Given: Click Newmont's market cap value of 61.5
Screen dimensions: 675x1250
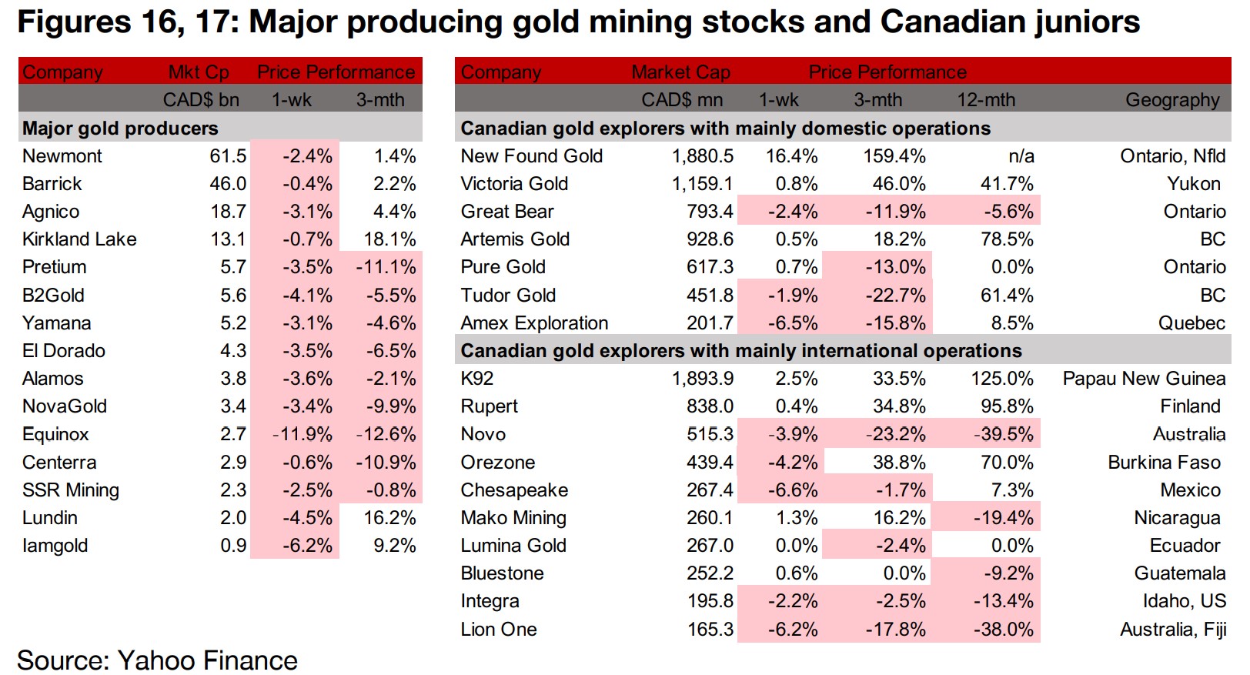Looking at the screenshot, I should click(x=228, y=156).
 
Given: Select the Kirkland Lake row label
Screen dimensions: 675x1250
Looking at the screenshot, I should click(x=79, y=239).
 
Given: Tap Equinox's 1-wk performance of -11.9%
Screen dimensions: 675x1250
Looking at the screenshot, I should click(x=302, y=434).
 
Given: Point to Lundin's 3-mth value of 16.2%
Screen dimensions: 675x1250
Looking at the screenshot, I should click(x=389, y=518).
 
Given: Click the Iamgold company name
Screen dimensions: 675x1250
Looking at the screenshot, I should click(x=55, y=546).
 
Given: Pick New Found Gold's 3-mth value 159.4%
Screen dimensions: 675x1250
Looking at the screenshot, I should click(x=894, y=156).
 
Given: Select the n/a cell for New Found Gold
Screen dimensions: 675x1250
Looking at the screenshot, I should click(x=1021, y=156).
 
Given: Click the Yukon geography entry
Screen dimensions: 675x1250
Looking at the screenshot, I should click(x=1193, y=184).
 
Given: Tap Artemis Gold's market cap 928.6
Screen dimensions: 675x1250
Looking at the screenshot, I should click(x=710, y=239).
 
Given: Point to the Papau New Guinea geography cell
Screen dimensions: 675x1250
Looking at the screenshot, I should click(x=1144, y=379).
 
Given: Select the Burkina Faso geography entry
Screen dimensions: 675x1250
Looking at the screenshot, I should click(x=1164, y=463).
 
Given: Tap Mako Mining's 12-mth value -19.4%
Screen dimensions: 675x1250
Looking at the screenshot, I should click(x=1003, y=518).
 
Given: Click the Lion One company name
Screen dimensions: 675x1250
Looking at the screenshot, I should click(x=499, y=630).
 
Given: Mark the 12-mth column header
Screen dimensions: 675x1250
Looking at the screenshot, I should click(x=986, y=100).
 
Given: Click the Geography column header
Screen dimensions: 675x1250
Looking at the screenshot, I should click(x=1172, y=100).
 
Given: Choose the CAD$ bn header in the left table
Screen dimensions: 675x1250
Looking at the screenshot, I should click(x=201, y=100).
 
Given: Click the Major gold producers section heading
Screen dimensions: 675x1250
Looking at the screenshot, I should click(x=120, y=129).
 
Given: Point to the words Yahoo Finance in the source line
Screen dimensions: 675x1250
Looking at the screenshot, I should click(x=207, y=660).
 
